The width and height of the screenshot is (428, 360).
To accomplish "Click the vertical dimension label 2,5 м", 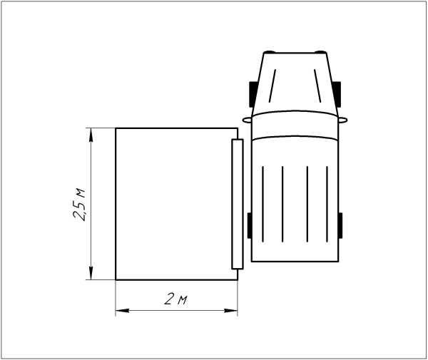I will point(80,203).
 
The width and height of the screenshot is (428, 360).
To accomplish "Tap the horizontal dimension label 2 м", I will point(175,299).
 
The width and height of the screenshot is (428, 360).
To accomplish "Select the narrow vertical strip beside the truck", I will point(238,204).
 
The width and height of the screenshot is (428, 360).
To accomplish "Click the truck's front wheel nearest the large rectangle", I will point(252,93).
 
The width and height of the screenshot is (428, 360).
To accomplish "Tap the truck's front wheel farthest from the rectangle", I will point(337,93).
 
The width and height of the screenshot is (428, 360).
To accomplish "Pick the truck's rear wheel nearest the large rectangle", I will point(250,226).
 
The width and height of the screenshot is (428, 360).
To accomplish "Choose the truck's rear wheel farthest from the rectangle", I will point(340,226).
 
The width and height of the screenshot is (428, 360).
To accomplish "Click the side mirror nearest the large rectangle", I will point(246,118).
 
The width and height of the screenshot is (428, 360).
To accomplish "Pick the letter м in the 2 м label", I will point(182,300).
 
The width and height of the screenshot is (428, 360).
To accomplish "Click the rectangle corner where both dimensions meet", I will point(116,279).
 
